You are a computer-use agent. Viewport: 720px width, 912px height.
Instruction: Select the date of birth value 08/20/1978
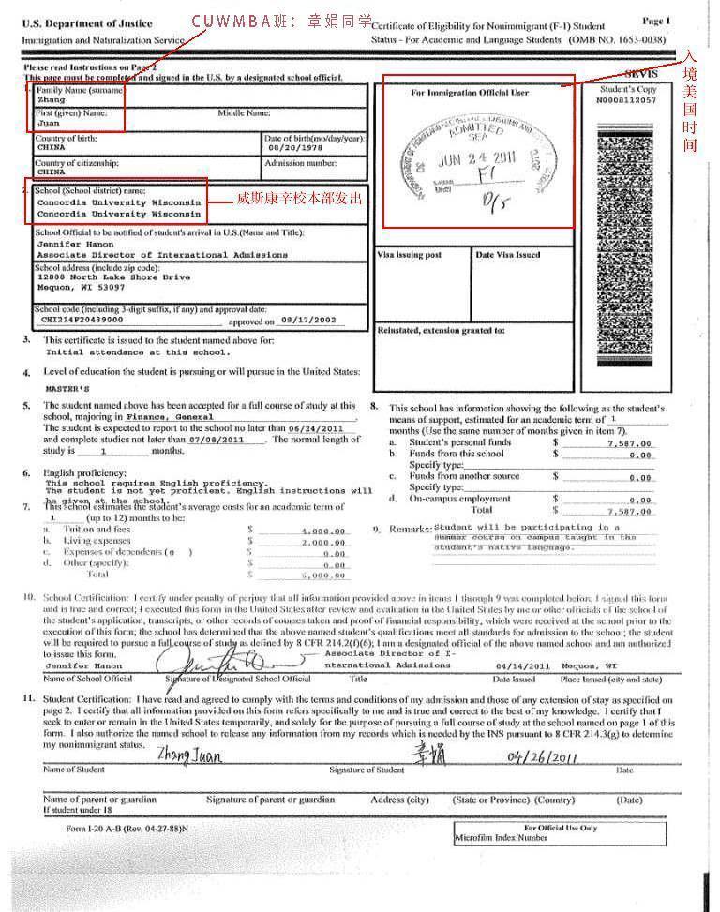[x=294, y=148]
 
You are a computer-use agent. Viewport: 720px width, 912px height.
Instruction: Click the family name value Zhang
[x=51, y=98]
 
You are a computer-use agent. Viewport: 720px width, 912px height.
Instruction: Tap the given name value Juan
[x=48, y=122]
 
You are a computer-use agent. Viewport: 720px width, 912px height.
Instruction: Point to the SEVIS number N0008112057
[x=627, y=99]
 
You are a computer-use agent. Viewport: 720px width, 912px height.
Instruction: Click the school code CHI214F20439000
[x=83, y=320]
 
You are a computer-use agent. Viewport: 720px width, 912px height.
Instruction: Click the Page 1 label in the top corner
[x=656, y=21]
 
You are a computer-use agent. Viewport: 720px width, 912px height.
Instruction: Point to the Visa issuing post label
[x=409, y=254]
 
